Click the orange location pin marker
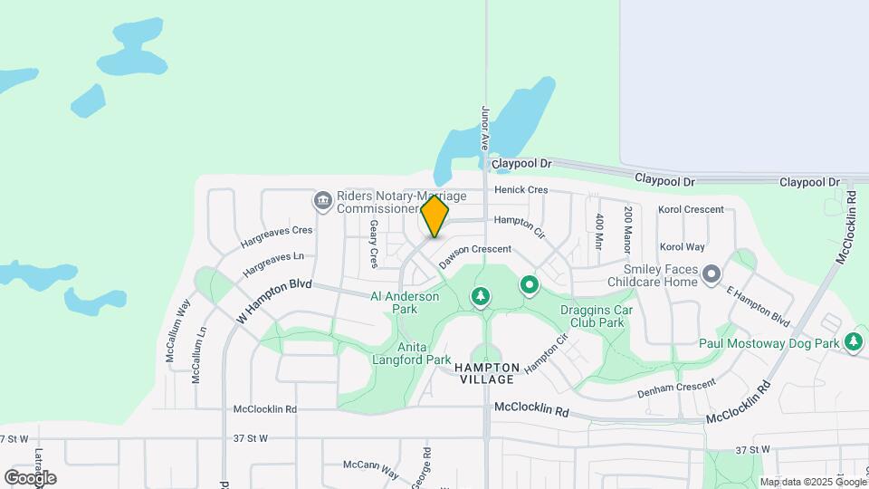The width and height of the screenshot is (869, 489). coord(434,216)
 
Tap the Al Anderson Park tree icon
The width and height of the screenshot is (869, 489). coord(481,296)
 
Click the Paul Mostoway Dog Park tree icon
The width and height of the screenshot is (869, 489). coord(853,341)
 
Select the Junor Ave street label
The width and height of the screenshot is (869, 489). coord(486,128)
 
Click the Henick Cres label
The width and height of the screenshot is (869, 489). coord(521,190)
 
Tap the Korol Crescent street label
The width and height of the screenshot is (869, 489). coord(692,210)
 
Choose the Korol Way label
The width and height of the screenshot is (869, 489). coord(682,246)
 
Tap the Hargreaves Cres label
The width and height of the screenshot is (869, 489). coord(276,237)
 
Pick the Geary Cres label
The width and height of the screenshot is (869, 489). coord(373,245)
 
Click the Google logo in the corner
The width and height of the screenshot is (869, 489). coord(30,477)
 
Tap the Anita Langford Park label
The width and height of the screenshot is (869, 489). coord(412,353)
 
